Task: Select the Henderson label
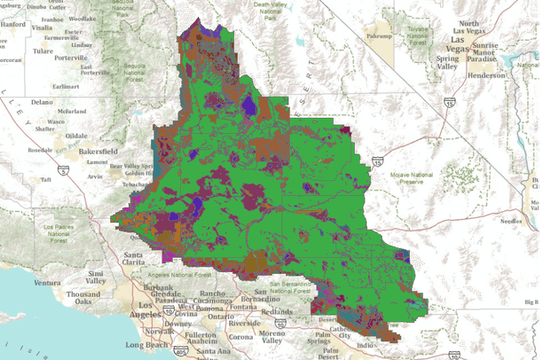494,75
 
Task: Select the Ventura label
50,283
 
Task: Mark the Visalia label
42,27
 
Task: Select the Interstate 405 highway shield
181,353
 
